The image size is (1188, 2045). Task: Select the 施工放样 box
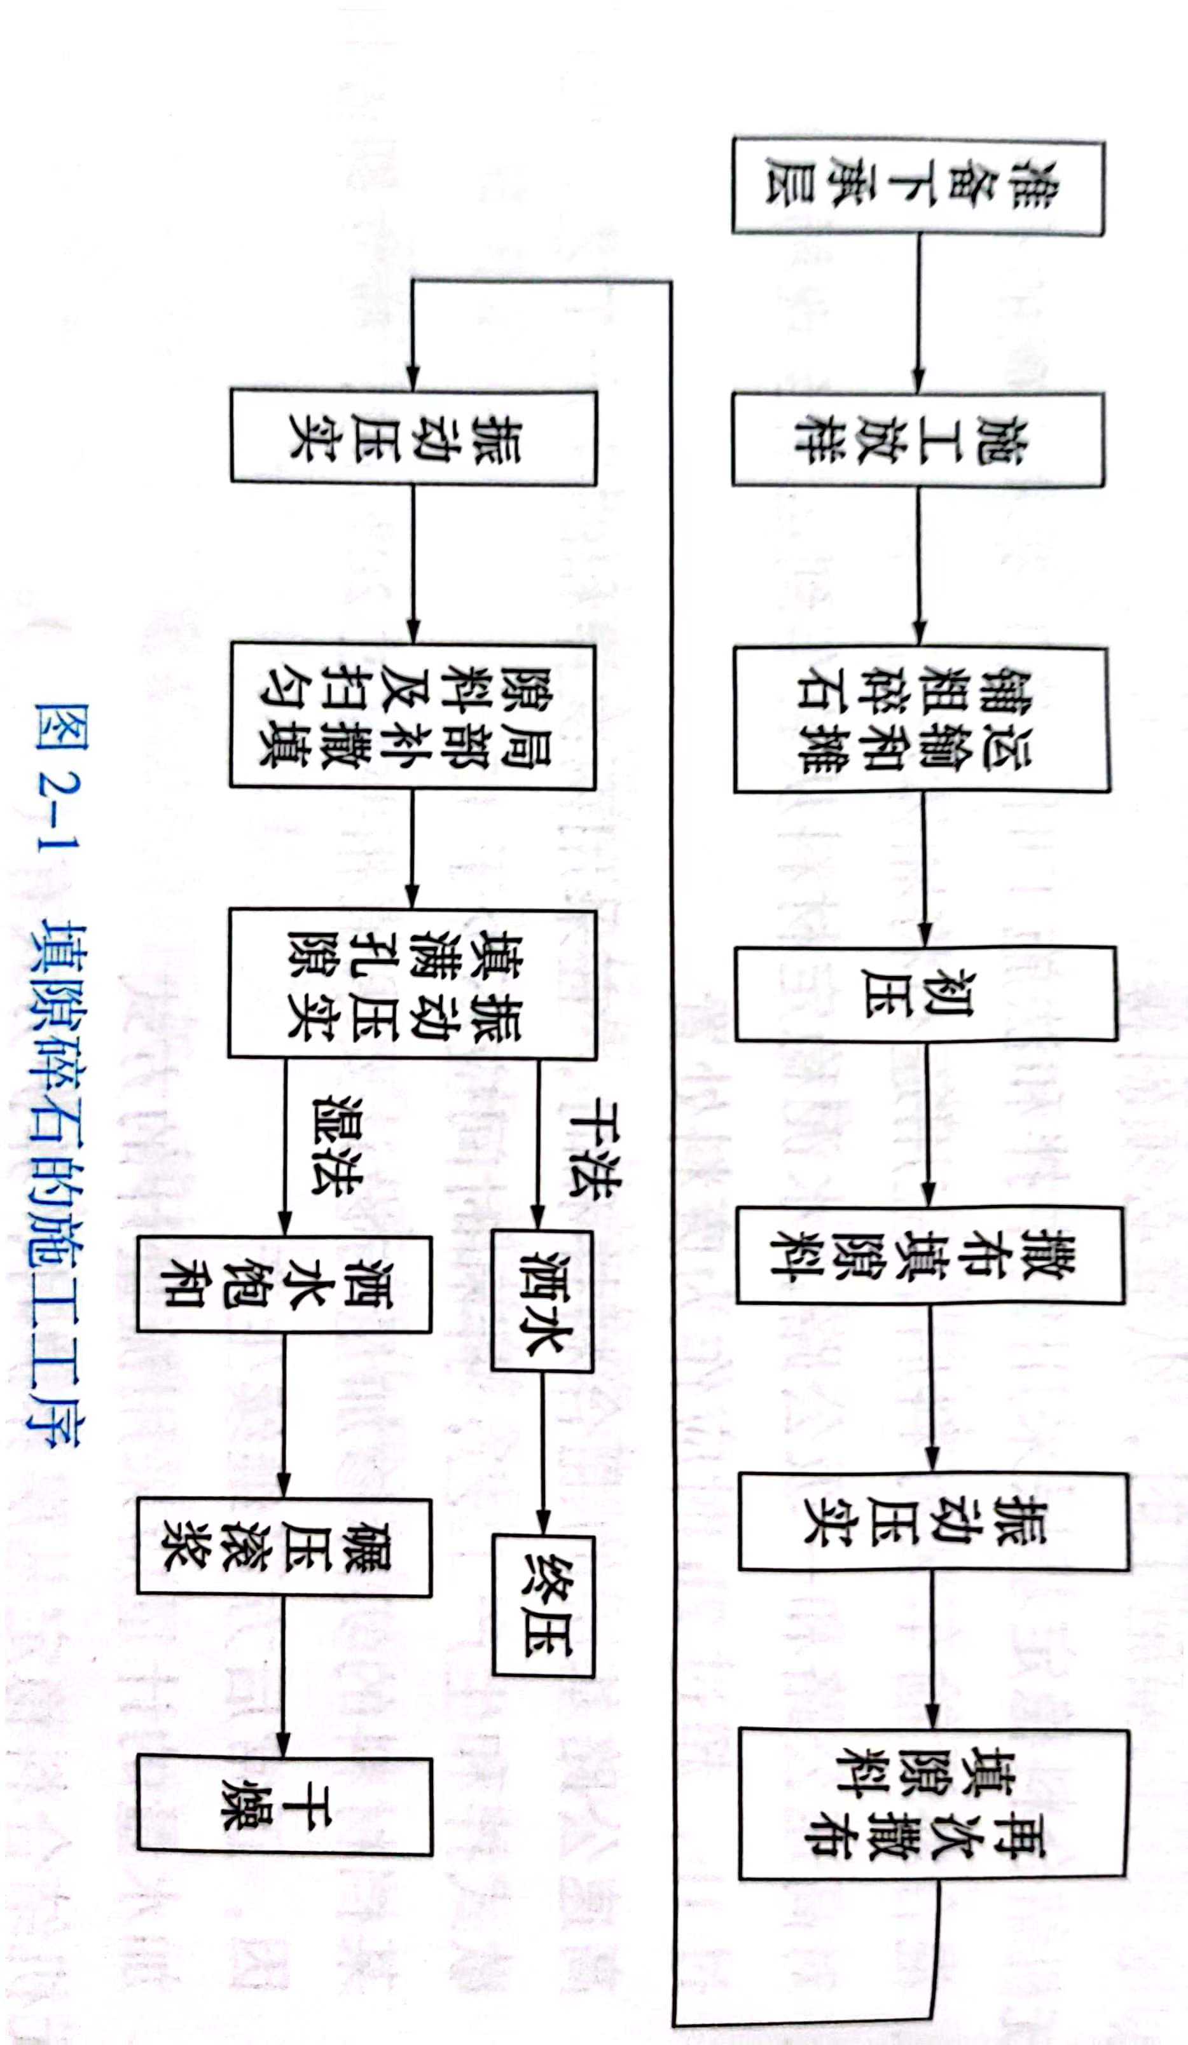click(x=918, y=439)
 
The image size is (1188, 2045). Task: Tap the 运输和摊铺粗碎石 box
click(x=922, y=719)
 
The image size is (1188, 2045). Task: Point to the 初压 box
click(x=926, y=993)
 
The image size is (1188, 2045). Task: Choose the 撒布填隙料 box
click(x=930, y=1255)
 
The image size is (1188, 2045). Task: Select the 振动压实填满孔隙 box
click(x=412, y=984)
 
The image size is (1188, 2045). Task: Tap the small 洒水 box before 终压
click(x=542, y=1302)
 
